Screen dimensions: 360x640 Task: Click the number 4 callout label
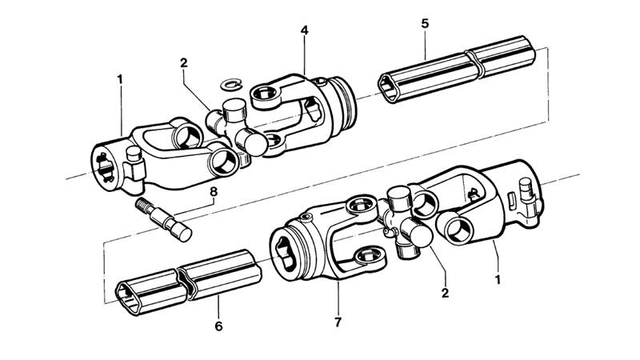304,30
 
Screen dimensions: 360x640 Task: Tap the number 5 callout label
425,23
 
